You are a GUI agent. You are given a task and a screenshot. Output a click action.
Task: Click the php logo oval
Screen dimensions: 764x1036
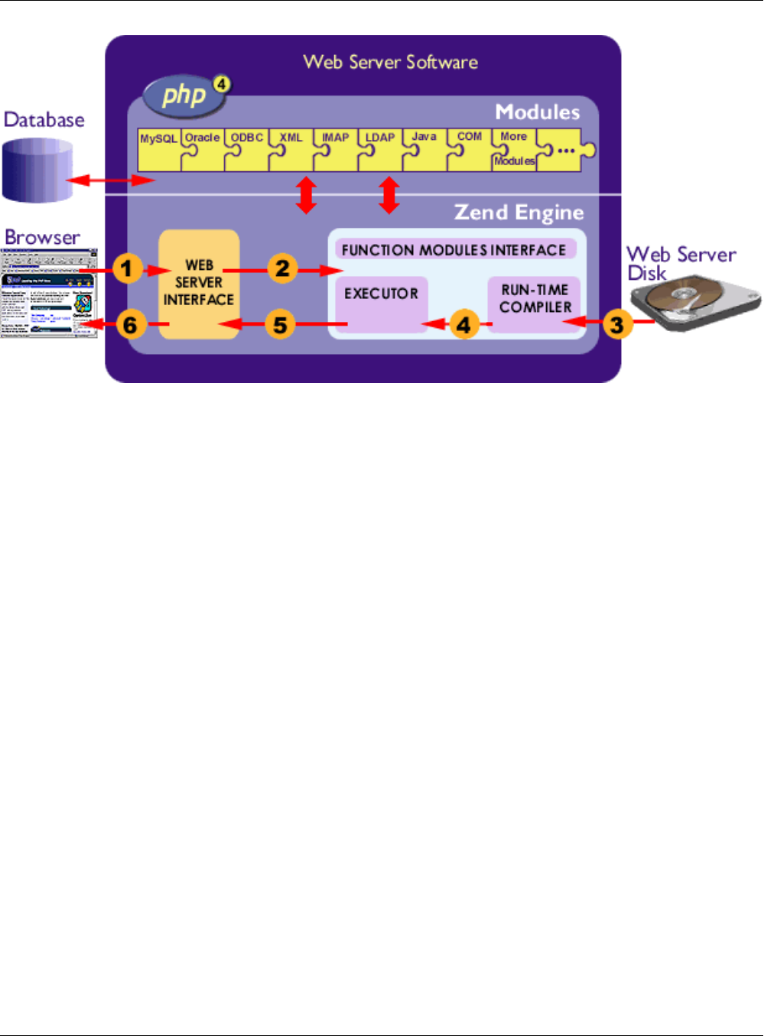(x=184, y=95)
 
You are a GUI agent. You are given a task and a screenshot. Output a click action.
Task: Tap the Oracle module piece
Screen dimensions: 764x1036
(x=203, y=149)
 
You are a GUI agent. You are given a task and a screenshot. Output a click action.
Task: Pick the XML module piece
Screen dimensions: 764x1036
(x=291, y=149)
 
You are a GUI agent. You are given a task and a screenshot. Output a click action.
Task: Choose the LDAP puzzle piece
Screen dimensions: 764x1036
(x=380, y=149)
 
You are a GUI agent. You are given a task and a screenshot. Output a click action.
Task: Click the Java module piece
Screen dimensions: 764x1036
(x=424, y=149)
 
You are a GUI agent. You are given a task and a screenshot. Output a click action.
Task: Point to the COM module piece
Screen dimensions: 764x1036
(x=470, y=149)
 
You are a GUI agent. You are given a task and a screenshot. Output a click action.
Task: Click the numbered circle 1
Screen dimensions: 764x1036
(x=128, y=268)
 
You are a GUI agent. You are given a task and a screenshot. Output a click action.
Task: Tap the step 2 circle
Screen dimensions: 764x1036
(x=282, y=268)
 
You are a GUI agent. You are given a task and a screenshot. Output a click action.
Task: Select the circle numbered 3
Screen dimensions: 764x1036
(x=616, y=324)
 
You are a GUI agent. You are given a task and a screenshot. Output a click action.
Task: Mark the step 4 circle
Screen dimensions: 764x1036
(x=463, y=324)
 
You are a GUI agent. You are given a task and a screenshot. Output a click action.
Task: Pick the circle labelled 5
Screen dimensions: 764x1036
(x=281, y=324)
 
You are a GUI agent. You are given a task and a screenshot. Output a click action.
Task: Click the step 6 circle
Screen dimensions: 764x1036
(x=131, y=324)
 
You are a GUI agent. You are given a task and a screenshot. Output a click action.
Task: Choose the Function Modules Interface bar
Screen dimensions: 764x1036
(x=454, y=250)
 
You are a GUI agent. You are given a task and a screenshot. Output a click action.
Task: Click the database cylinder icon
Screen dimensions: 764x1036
(x=37, y=170)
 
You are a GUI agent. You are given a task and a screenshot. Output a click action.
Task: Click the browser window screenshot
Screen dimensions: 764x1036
(x=49, y=293)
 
